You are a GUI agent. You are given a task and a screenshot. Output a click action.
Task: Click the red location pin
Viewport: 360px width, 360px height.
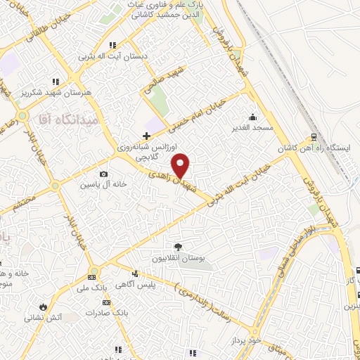(x=181, y=165)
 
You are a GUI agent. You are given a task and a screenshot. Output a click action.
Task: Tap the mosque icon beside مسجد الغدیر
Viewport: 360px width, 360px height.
(x=252, y=117)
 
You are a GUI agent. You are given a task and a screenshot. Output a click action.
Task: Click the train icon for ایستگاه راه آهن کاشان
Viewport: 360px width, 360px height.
(x=314, y=138)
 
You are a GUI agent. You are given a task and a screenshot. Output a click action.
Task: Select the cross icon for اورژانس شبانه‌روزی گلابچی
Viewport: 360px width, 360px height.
(x=146, y=136)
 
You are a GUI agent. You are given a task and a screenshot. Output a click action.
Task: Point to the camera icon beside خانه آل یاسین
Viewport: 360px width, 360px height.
(x=104, y=174)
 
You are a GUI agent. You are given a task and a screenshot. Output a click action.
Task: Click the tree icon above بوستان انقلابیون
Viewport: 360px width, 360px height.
(x=178, y=247)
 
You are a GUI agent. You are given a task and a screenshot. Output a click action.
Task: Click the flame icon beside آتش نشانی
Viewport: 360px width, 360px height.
(x=44, y=307)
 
